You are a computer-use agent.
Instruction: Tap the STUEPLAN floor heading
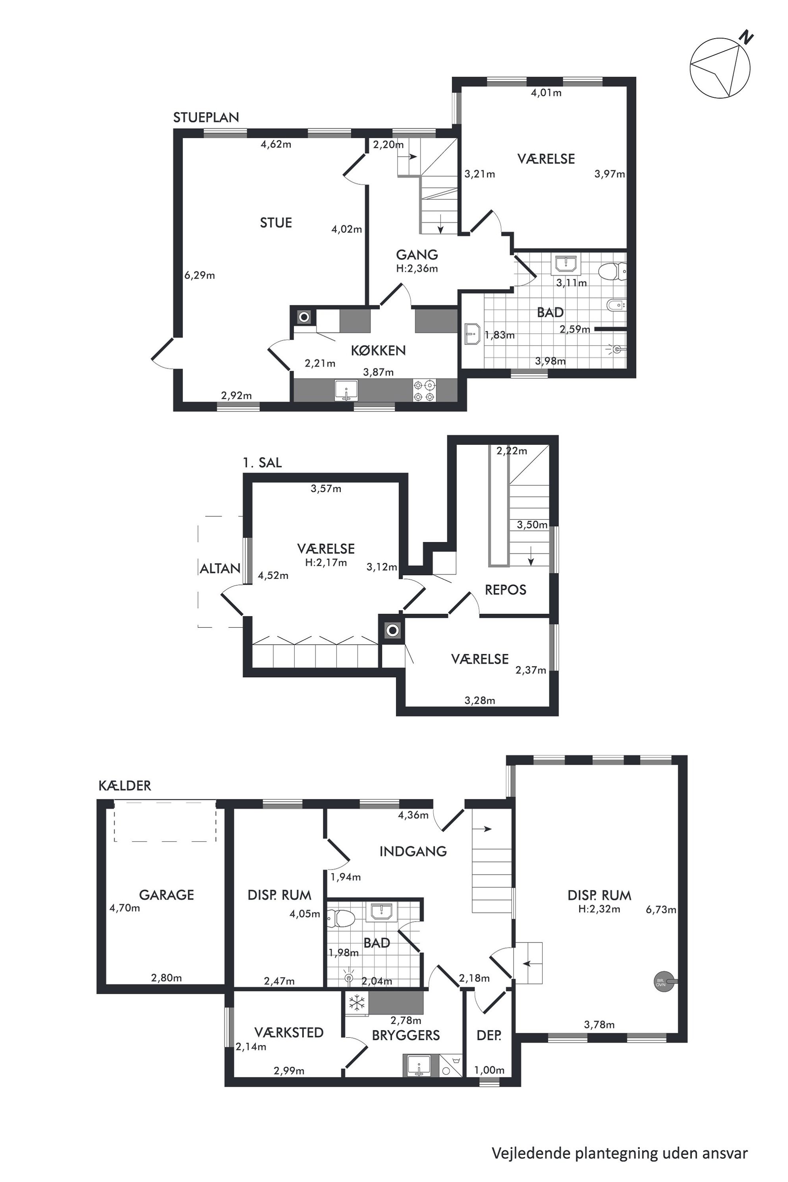(206, 118)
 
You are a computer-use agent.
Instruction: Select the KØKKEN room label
(378, 350)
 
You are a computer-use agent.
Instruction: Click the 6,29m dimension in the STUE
(199, 275)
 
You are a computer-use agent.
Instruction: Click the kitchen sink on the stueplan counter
(346, 390)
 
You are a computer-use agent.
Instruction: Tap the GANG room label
(417, 255)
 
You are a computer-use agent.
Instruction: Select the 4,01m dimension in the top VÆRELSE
(546, 93)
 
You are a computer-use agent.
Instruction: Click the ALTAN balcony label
(220, 568)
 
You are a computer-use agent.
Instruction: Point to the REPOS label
(506, 589)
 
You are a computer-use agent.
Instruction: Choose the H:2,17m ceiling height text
(326, 562)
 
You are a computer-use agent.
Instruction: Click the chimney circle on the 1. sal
(392, 630)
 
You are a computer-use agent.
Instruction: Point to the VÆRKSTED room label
(289, 1032)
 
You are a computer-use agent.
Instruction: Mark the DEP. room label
(489, 1035)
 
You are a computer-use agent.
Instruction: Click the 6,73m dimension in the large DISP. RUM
(661, 910)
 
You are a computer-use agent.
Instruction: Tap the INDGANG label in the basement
(413, 851)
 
